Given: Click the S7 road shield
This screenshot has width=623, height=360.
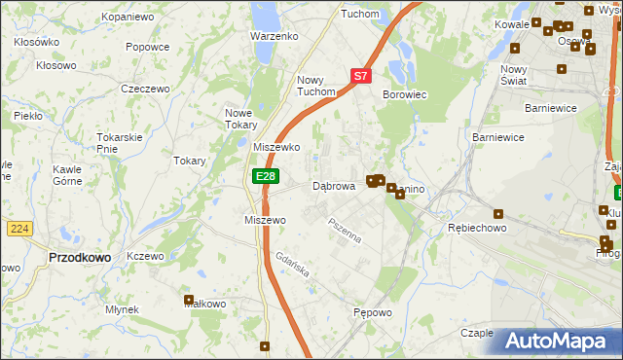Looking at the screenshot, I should click(360, 75).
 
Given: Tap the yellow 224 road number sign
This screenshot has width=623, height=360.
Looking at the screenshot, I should click(18, 228).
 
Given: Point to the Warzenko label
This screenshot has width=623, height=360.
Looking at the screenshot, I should click(274, 36).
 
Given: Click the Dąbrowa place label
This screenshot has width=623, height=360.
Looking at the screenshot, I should click(333, 186).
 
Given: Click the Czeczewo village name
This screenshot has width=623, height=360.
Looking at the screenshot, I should click(145, 89).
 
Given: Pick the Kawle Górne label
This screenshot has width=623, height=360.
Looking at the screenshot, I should click(67, 174).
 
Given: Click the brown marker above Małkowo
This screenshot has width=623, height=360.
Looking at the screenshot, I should click(189, 300).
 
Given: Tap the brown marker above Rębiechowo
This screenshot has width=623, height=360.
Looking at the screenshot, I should click(498, 214).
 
